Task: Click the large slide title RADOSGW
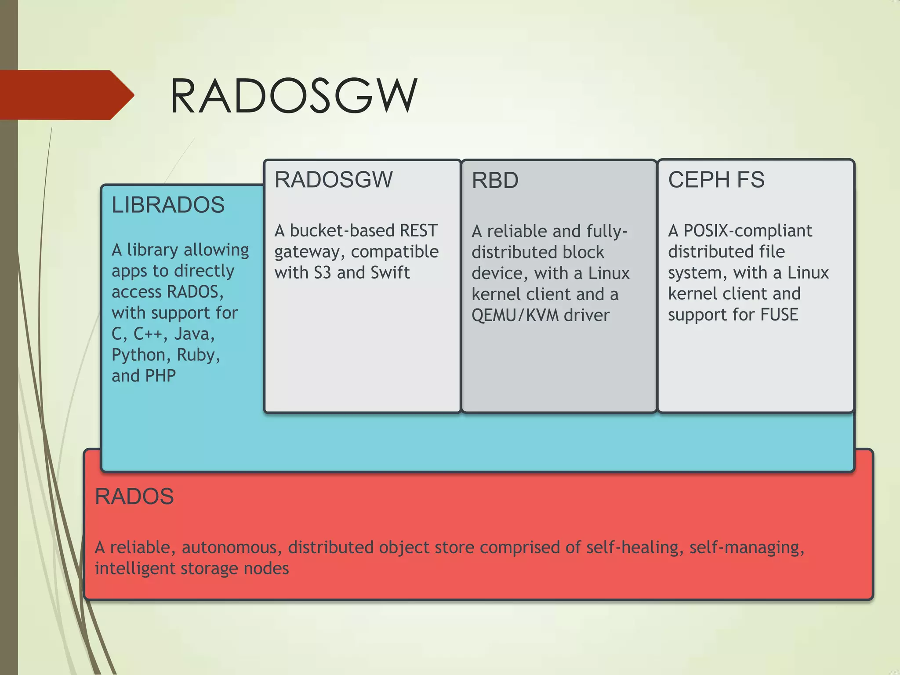click(294, 96)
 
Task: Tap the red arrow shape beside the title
click(66, 95)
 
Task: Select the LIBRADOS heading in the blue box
click(168, 205)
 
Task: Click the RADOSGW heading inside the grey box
click(334, 180)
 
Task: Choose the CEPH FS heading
click(716, 180)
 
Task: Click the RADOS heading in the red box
click(134, 497)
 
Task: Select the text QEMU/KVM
click(515, 316)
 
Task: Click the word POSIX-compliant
click(748, 231)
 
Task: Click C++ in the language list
click(149, 334)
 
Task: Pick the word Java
click(194, 334)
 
